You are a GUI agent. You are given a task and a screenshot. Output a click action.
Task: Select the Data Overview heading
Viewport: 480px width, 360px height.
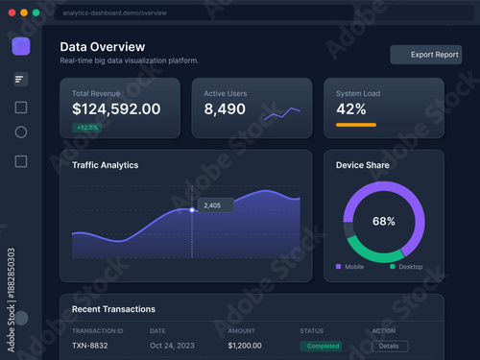(x=103, y=46)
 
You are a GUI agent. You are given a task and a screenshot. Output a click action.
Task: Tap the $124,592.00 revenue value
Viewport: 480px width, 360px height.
(x=116, y=109)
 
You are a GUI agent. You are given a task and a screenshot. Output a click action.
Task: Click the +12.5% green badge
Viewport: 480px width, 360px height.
(x=87, y=127)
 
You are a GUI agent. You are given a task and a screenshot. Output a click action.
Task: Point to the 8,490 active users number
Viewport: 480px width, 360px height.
(x=225, y=109)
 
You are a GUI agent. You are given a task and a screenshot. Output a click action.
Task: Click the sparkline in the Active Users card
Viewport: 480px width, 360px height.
(x=282, y=113)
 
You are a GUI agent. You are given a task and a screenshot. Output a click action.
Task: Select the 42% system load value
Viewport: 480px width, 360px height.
(x=350, y=109)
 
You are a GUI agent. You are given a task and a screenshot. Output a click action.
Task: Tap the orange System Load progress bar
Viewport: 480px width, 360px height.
(x=355, y=125)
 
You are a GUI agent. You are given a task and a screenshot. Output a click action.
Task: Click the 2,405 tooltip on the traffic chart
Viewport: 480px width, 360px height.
(x=214, y=205)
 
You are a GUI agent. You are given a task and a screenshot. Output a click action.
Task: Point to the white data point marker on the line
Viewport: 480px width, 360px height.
(x=192, y=209)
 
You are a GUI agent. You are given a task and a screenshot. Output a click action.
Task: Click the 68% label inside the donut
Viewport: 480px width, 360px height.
(x=384, y=221)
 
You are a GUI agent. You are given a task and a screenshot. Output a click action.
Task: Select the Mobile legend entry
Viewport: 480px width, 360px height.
(x=351, y=266)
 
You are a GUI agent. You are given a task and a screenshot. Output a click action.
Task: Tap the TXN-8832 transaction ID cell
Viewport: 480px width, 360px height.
(x=91, y=346)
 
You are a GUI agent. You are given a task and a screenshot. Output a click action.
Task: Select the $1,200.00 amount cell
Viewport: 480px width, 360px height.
(x=245, y=346)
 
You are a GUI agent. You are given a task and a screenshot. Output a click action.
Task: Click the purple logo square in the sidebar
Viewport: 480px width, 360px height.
(x=21, y=46)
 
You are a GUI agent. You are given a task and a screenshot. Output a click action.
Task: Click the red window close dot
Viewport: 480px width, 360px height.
(x=11, y=12)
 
